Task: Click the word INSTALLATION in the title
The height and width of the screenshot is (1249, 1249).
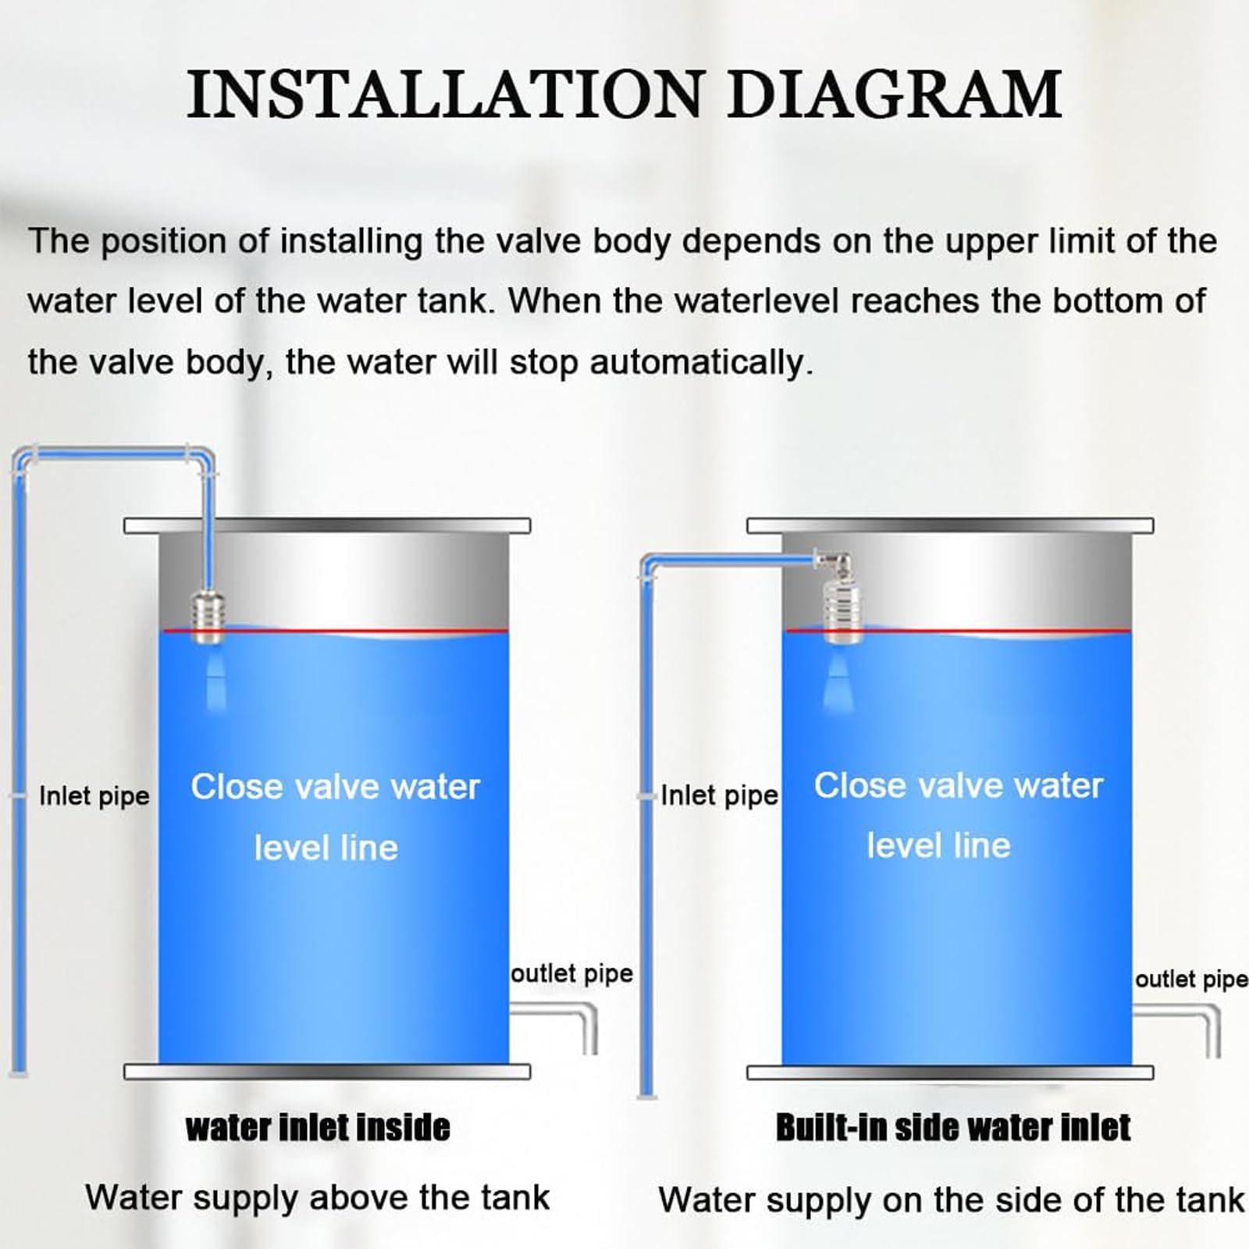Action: click(x=446, y=94)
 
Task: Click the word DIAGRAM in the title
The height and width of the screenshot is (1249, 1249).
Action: click(x=895, y=94)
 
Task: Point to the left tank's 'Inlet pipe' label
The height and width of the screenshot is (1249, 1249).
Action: click(x=94, y=796)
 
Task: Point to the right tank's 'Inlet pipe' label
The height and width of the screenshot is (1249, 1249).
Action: click(x=719, y=795)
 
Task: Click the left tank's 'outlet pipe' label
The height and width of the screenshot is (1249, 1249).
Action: click(x=571, y=973)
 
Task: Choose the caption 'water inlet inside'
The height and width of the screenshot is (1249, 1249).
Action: click(x=318, y=1128)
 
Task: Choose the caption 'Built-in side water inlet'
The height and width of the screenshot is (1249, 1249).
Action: click(x=953, y=1128)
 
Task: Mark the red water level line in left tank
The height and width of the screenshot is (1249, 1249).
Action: click(x=334, y=631)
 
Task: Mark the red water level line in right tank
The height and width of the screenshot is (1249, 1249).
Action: click(x=958, y=631)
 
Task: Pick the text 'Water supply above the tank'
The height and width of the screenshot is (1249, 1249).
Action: click(x=318, y=1197)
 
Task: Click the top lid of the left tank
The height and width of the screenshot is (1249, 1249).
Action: click(x=327, y=525)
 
